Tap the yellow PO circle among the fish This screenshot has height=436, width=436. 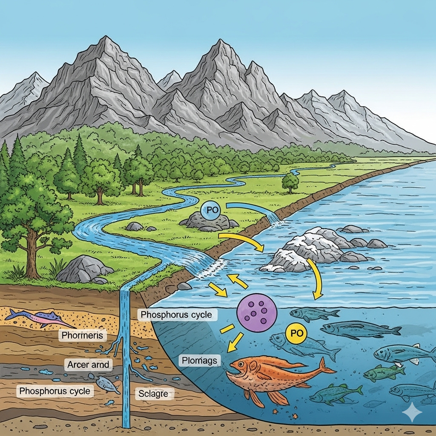click(x=296, y=333)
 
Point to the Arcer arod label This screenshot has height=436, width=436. click(x=88, y=364)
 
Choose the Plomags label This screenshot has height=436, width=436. click(x=199, y=360)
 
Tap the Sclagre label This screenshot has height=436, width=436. click(x=153, y=394)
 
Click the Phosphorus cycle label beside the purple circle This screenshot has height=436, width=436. click(x=176, y=315)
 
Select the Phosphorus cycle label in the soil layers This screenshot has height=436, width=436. click(x=55, y=391)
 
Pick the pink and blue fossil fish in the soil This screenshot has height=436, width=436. click(x=41, y=318)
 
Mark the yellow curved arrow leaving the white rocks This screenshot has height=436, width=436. click(x=317, y=278)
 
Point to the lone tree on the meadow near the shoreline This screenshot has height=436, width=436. click(x=290, y=182)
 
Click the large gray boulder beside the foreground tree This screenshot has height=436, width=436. click(x=84, y=269)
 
